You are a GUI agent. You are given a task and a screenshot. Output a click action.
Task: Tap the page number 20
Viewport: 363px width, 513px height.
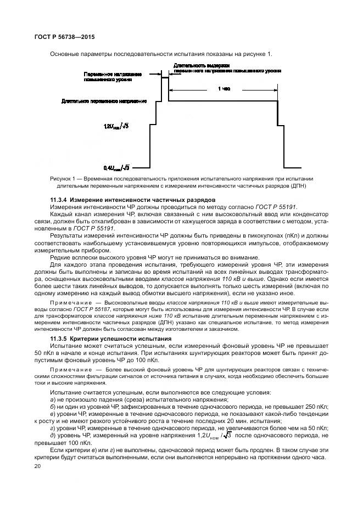(38, 466)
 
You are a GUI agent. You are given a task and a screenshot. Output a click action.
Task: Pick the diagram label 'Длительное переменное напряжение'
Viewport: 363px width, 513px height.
(112, 102)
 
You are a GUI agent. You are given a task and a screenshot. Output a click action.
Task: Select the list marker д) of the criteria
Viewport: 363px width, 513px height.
(53, 435)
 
